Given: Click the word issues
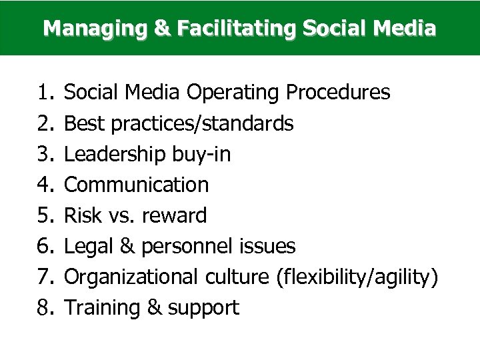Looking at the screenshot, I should [x=270, y=246].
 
